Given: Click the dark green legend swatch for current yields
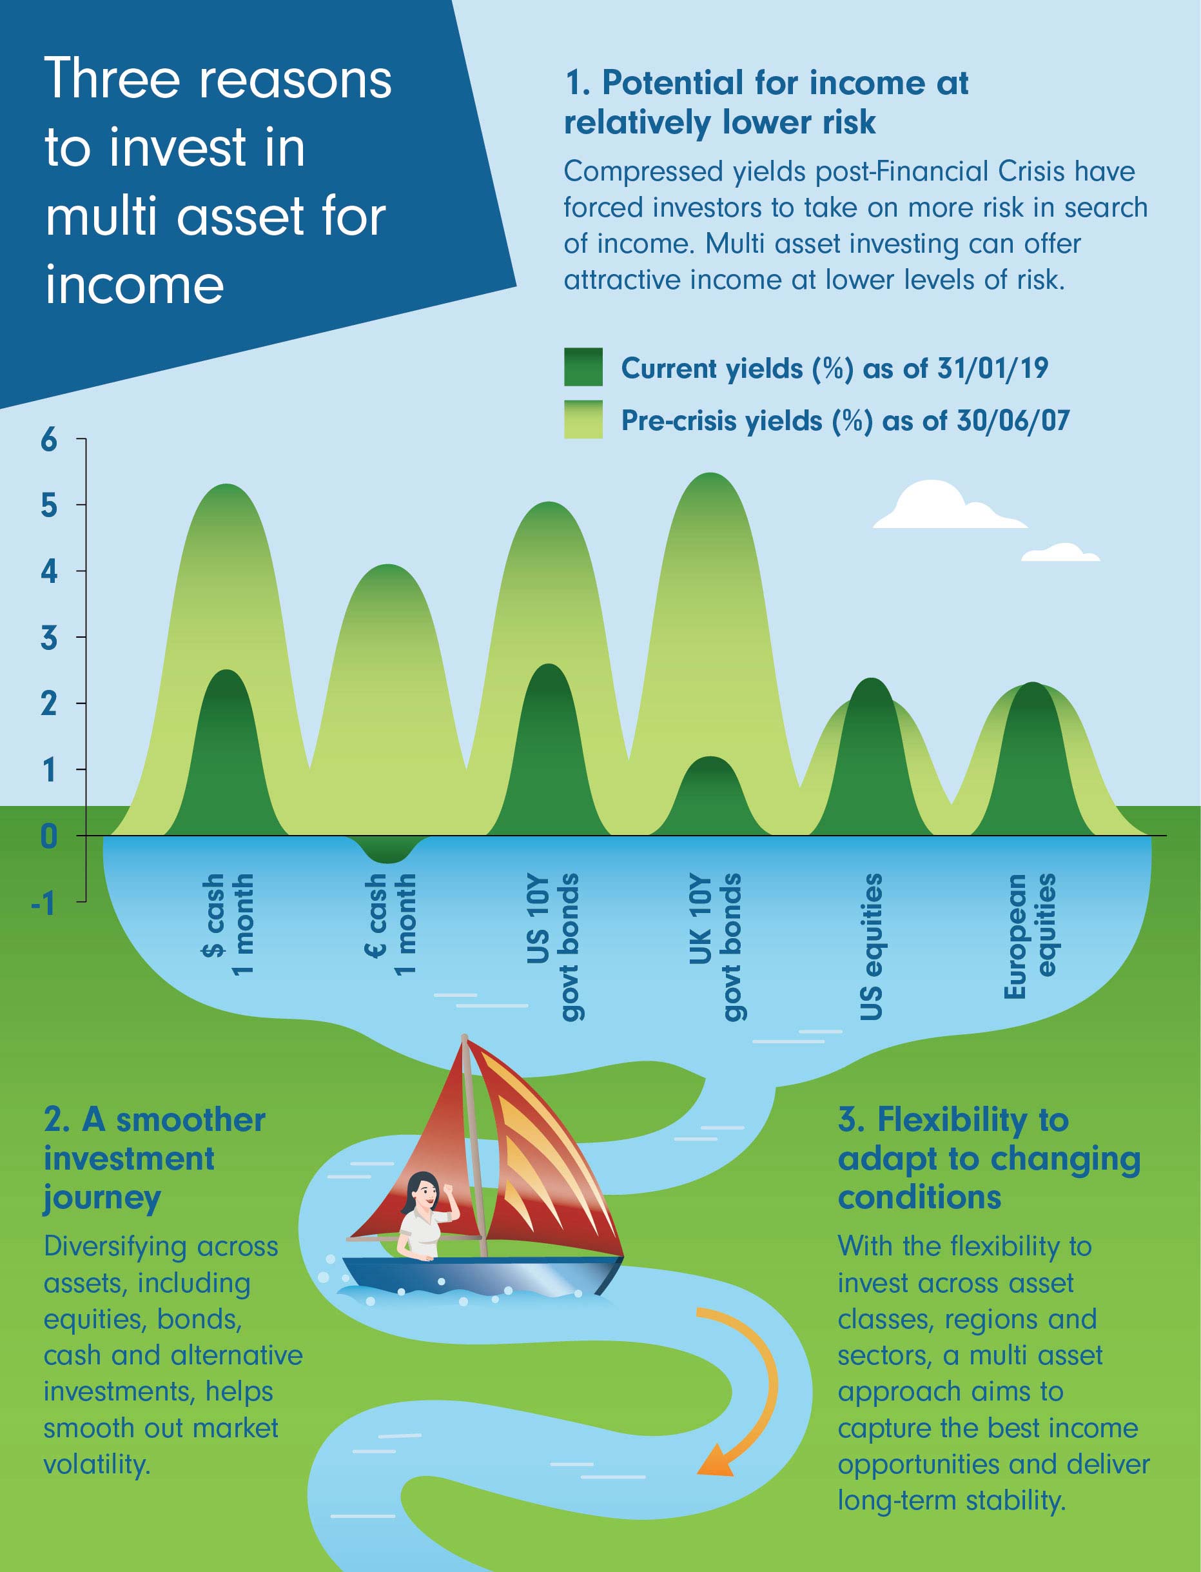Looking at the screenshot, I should (583, 367).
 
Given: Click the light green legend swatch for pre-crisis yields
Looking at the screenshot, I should (583, 419).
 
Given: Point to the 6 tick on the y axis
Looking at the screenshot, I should (48, 439).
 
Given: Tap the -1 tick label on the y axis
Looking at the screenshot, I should (44, 903).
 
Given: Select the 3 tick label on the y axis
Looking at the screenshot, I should (48, 638).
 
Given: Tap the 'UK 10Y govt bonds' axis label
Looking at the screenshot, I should (714, 945).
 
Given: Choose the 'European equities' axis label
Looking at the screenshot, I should (1029, 934).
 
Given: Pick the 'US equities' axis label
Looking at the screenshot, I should (870, 945).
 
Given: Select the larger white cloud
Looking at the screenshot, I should (944, 507).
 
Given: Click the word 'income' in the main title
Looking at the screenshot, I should (134, 284).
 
